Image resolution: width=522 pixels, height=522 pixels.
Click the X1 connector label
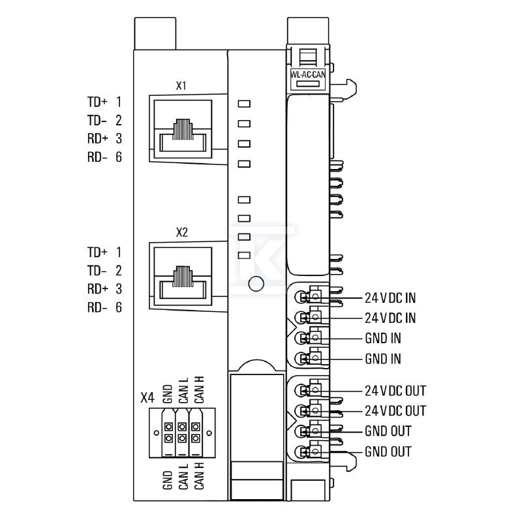tap(181, 86)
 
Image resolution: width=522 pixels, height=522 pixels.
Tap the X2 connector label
tap(182, 232)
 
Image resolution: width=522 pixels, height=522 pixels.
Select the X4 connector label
tap(147, 397)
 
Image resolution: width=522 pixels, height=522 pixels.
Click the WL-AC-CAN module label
tap(308, 74)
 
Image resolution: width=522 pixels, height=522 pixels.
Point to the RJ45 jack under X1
tap(183, 129)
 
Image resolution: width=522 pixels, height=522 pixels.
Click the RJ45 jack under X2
tap(183, 276)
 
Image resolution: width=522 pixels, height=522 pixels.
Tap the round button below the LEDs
tap(256, 284)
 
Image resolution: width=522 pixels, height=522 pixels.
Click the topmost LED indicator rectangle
tap(244, 104)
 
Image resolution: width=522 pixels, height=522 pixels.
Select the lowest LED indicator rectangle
tap(244, 255)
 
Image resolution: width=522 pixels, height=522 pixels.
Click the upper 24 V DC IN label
tap(390, 298)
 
